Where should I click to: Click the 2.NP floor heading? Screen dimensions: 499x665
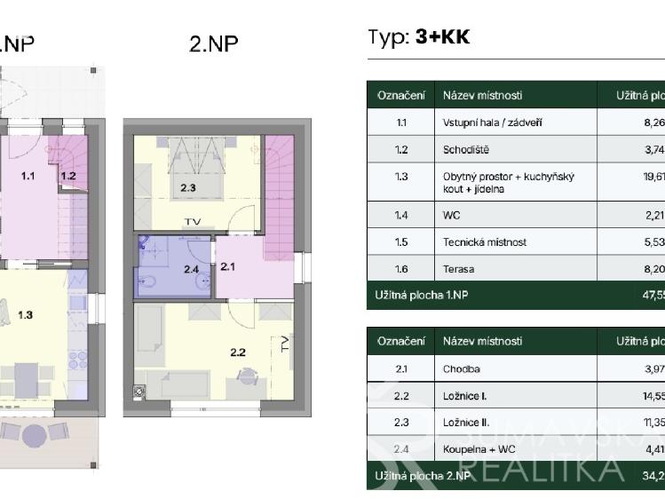(214, 44)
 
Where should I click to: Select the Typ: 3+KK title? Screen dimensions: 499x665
(418, 37)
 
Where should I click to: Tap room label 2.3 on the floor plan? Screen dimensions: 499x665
(187, 187)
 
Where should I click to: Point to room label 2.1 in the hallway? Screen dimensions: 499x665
(227, 265)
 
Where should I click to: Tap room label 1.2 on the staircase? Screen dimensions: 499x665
(67, 176)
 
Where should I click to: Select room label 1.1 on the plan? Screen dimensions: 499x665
(28, 176)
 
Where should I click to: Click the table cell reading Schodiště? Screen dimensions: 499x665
(465, 150)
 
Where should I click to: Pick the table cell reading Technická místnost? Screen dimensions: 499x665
(485, 242)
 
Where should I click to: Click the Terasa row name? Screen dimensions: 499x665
(459, 268)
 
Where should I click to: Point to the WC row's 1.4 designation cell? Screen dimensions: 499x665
(401, 214)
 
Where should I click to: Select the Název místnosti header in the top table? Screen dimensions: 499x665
(482, 95)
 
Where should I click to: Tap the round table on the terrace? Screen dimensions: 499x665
(35, 434)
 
